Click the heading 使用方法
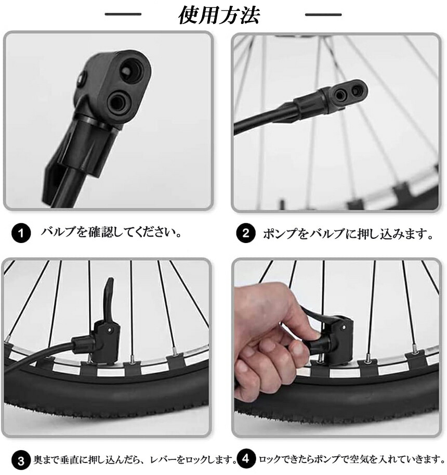(x=219, y=15)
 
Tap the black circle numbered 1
(x=21, y=234)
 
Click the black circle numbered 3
(x=21, y=461)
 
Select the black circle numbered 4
(x=246, y=459)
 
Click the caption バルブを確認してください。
(x=111, y=233)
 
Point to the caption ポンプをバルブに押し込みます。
(x=348, y=234)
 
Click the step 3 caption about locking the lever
(x=135, y=460)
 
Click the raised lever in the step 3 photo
(x=109, y=293)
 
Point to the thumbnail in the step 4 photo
(x=315, y=336)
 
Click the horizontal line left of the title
(x=123, y=14)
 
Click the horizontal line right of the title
(x=323, y=14)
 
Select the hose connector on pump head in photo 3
(x=83, y=344)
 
